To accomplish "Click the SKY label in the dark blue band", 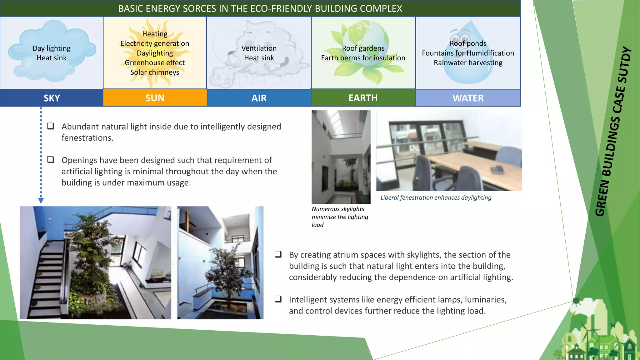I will (52, 98).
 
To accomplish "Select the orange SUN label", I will (155, 98).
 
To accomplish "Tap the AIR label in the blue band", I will (259, 98).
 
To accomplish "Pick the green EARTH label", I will (363, 98).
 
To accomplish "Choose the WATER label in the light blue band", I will (468, 98).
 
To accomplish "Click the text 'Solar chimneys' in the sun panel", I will (155, 72).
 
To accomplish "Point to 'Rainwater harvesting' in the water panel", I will (468, 62).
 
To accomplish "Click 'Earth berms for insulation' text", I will (363, 58).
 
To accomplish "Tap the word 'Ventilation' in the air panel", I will (259, 48).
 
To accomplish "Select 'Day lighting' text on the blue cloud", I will (52, 48).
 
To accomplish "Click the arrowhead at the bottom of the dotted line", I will (41, 200).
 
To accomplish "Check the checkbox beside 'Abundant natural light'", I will (51, 126).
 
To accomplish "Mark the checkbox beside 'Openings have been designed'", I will (51, 160).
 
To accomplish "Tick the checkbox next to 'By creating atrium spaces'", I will (278, 254).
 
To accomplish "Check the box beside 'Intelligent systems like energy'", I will (278, 299).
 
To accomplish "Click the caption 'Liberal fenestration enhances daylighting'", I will (436, 197).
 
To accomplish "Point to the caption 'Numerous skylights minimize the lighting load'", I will (340, 217).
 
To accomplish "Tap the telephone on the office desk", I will (497, 169).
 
